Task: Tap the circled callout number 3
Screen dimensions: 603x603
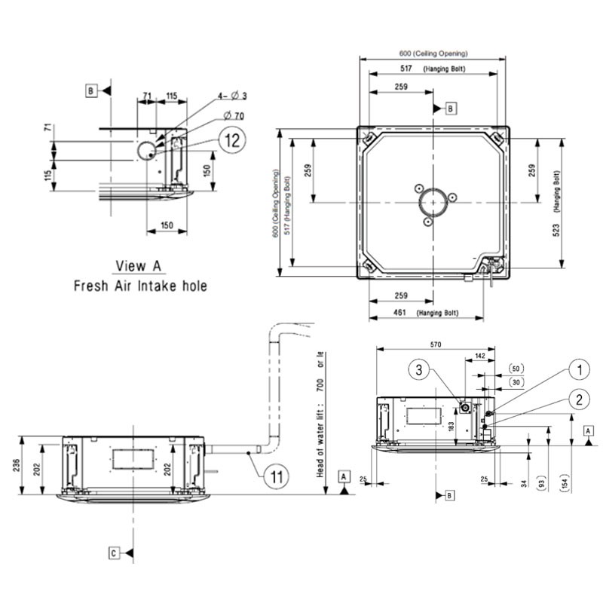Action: point(421,369)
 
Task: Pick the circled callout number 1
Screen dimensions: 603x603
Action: point(579,369)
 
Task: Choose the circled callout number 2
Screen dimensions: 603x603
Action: point(579,399)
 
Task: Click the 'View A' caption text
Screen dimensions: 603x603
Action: point(139,265)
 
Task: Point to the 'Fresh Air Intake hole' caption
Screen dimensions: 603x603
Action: point(139,286)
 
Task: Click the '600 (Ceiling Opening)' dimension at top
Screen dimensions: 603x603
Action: point(433,54)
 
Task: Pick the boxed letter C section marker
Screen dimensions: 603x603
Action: point(113,553)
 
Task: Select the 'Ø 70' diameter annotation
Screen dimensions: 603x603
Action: point(234,115)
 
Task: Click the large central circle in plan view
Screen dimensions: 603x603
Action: point(433,204)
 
